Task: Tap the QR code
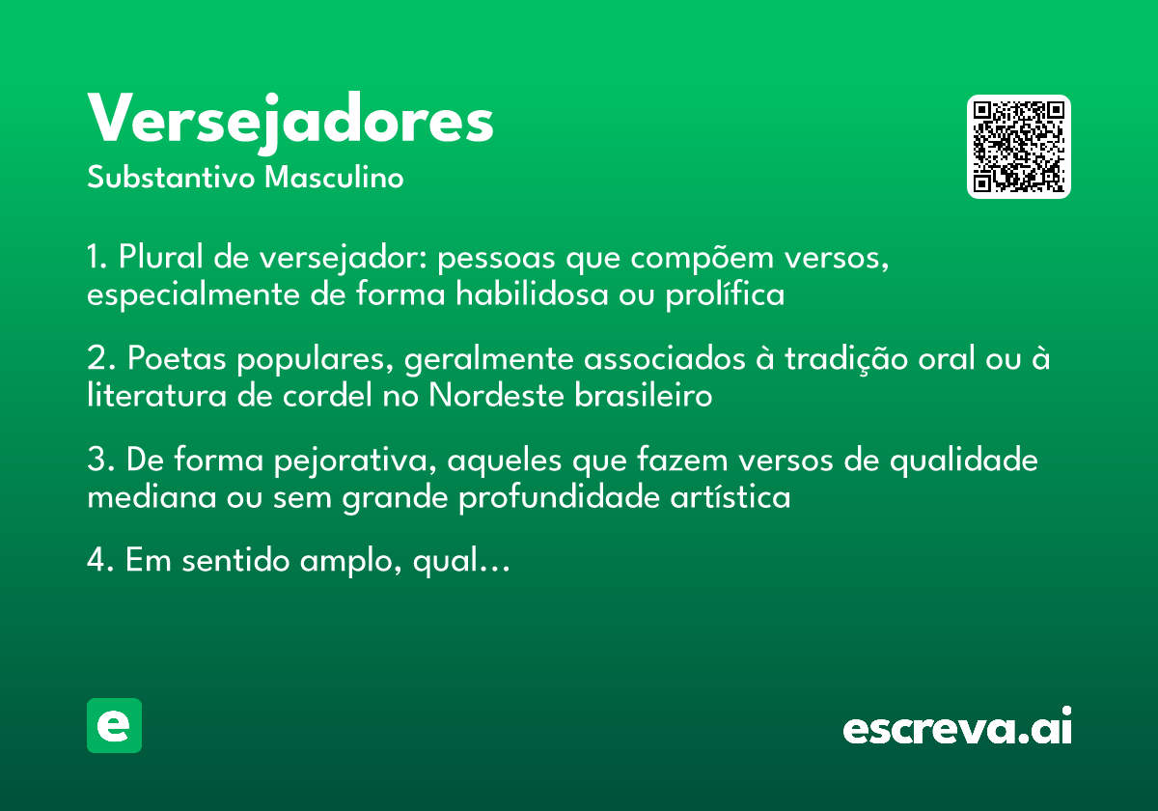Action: (x=1019, y=147)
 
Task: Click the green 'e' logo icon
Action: (x=114, y=725)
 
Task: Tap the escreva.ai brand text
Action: (x=957, y=728)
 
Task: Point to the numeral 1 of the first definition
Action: (x=95, y=259)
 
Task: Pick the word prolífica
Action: (x=725, y=294)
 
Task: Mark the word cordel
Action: (x=286, y=396)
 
